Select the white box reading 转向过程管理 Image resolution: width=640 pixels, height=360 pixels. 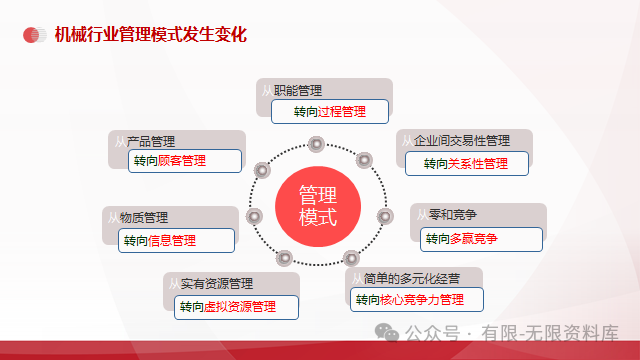tap(330, 111)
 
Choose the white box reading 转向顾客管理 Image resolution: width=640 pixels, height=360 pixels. tap(186, 160)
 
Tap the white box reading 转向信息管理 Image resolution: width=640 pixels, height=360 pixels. tap(176, 240)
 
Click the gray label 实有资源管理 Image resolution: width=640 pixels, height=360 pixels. tap(217, 284)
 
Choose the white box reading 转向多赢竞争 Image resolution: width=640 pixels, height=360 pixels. tap(482, 239)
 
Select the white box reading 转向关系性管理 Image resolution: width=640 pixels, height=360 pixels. tap(466, 163)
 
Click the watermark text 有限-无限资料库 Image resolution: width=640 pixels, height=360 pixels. tap(549, 332)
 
